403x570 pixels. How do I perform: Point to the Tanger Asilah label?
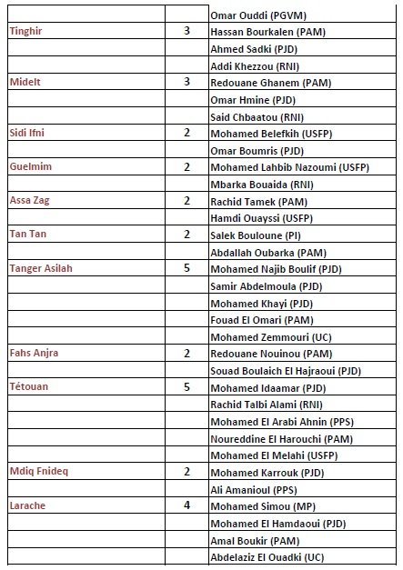(40, 268)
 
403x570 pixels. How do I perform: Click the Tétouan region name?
(29, 386)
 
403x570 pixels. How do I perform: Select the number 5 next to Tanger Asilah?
(186, 268)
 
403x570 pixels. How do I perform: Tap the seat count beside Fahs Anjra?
(186, 353)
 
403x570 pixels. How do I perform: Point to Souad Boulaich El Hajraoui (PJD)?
(280, 370)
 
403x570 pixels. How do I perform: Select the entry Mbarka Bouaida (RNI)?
(255, 184)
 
